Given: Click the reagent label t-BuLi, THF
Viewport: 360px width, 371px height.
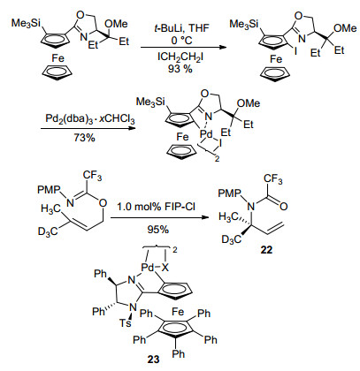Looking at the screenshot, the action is click(x=181, y=28).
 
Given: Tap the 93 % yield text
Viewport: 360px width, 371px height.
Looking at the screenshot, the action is click(x=180, y=69).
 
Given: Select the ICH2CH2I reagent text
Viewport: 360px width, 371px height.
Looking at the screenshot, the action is click(x=180, y=57).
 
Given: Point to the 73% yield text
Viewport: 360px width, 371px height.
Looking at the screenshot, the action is click(x=84, y=137).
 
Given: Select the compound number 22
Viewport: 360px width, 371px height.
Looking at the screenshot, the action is click(x=266, y=250).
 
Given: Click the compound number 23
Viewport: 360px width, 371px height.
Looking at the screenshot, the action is click(x=153, y=360).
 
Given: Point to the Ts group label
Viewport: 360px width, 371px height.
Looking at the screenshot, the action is click(x=125, y=323).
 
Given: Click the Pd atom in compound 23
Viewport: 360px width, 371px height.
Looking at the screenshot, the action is click(x=148, y=268).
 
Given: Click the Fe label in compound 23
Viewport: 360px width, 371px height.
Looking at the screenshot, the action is click(x=178, y=311).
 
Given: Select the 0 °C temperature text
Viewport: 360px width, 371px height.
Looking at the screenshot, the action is click(x=181, y=41).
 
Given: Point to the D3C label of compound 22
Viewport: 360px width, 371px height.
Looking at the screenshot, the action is click(x=232, y=239).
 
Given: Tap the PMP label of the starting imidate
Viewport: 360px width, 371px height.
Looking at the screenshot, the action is click(x=49, y=190).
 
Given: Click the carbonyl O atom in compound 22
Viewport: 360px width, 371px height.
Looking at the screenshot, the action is click(x=284, y=207).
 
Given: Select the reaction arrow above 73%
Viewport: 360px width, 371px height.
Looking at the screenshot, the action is click(x=88, y=129).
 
